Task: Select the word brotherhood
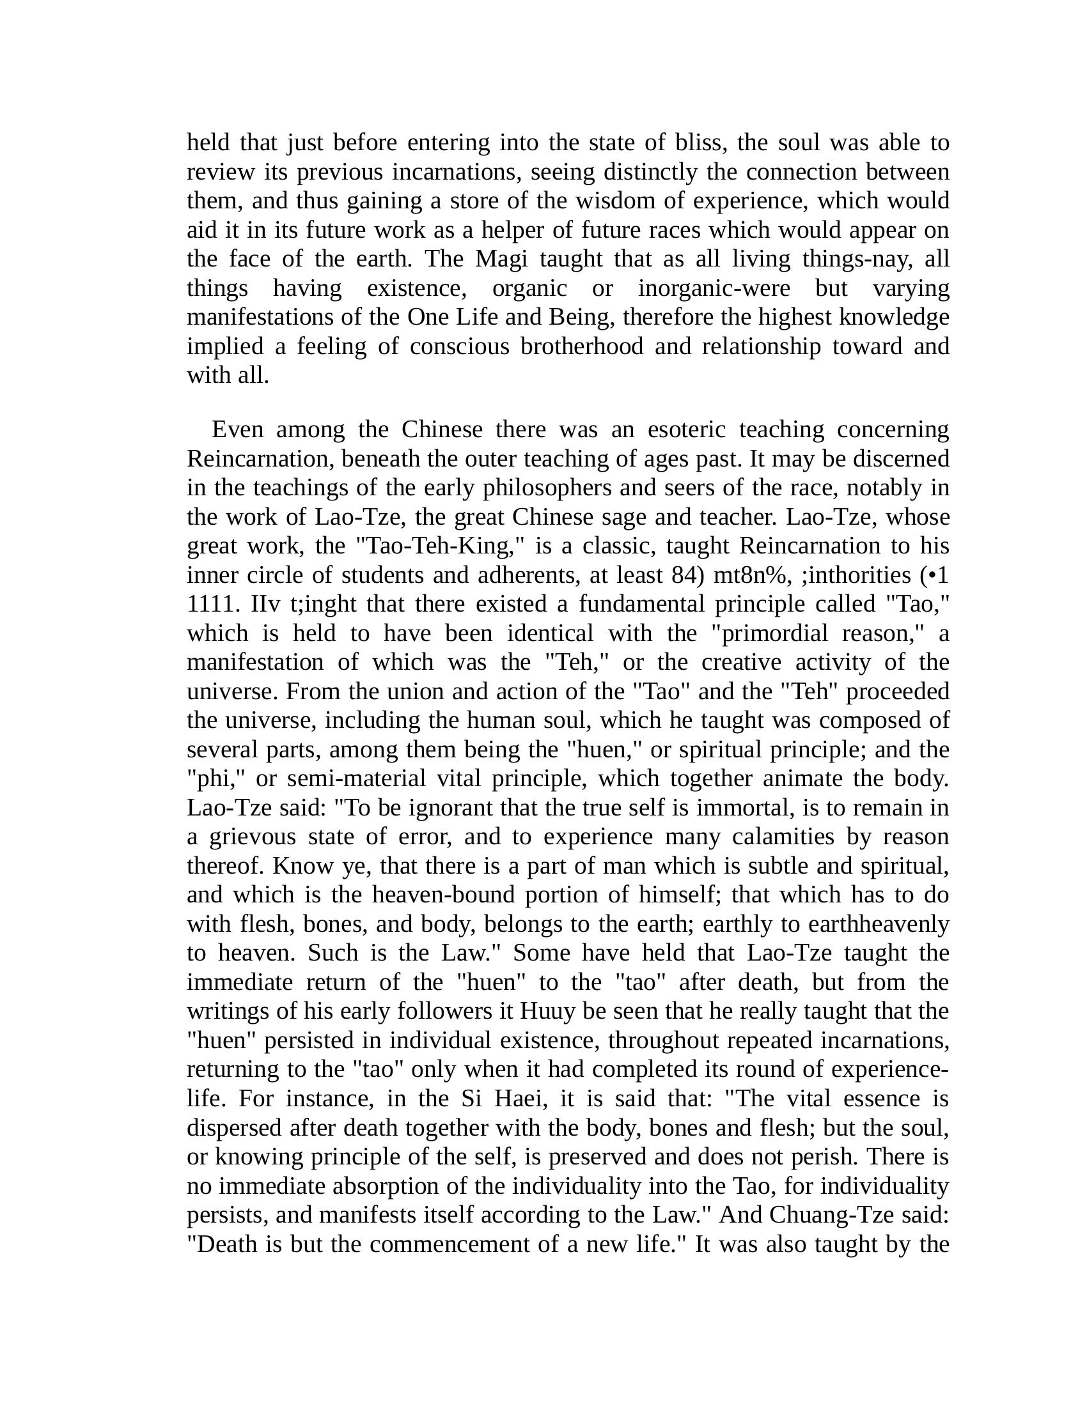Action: (581, 346)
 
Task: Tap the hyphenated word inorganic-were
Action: (714, 288)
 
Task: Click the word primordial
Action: (769, 633)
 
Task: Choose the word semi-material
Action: (356, 778)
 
